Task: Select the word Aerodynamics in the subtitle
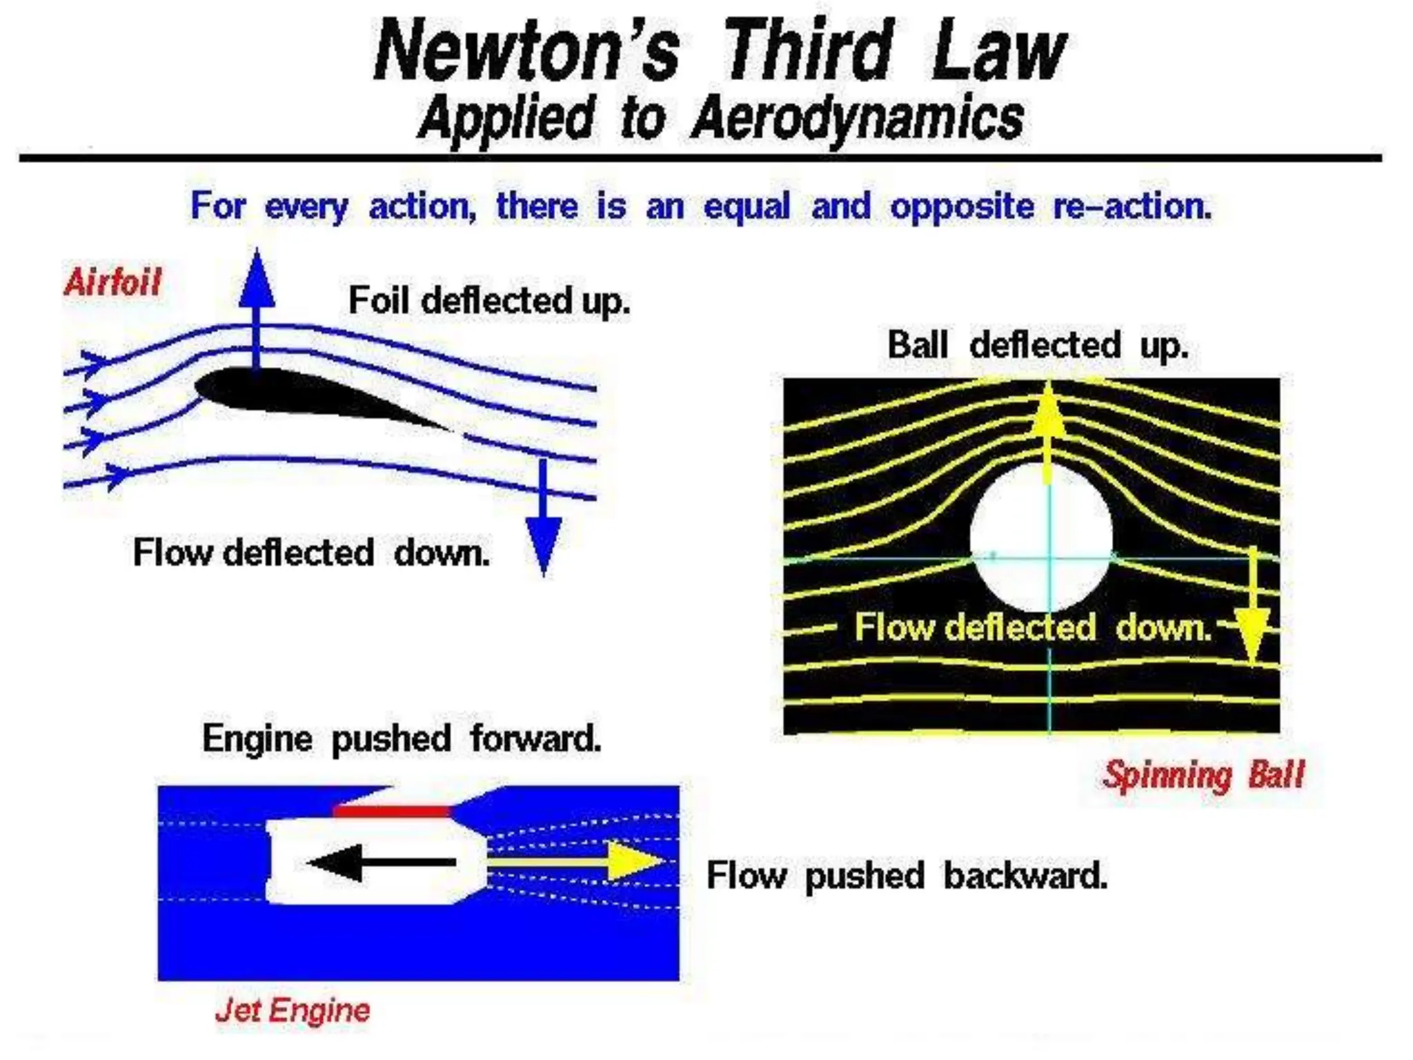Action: tap(857, 119)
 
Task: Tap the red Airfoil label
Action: tap(112, 282)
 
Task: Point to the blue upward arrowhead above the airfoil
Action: tap(257, 279)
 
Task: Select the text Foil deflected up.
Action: tap(489, 301)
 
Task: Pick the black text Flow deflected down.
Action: tap(311, 553)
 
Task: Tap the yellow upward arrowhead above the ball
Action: tap(1048, 411)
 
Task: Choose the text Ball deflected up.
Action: tap(1038, 345)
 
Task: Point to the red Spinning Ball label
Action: tap(1203, 774)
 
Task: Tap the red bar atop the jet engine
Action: tap(391, 810)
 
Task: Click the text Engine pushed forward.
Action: tap(402, 739)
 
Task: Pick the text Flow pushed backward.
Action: tap(907, 876)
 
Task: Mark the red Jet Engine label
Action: tap(293, 1010)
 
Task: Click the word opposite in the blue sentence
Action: tap(962, 206)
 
